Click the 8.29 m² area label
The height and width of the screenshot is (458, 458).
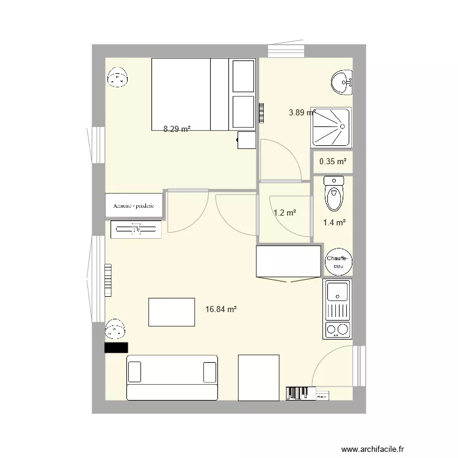pyautogui.click(x=177, y=129)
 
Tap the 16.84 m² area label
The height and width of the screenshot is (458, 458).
pyautogui.click(x=221, y=310)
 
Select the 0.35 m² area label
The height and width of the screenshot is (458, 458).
pyautogui.click(x=333, y=162)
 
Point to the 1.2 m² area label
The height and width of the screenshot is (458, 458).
pyautogui.click(x=285, y=213)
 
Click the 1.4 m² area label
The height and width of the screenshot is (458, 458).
pyautogui.click(x=335, y=223)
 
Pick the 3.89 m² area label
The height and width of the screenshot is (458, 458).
pyautogui.click(x=301, y=112)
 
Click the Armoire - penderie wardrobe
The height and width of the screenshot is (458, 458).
pyautogui.click(x=134, y=206)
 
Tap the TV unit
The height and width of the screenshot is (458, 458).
pyautogui.click(x=137, y=230)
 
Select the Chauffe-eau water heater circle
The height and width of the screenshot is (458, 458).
pyautogui.click(x=339, y=262)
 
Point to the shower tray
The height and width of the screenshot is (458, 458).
pyautogui.click(x=332, y=126)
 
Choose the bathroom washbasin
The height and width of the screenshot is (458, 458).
pyautogui.click(x=343, y=82)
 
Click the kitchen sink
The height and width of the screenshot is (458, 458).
pyautogui.click(x=338, y=292)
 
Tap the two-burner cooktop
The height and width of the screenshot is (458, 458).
pyautogui.click(x=338, y=330)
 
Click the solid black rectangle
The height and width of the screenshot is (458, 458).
pyautogui.click(x=116, y=347)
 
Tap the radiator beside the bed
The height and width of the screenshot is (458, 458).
pyautogui.click(x=261, y=113)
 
